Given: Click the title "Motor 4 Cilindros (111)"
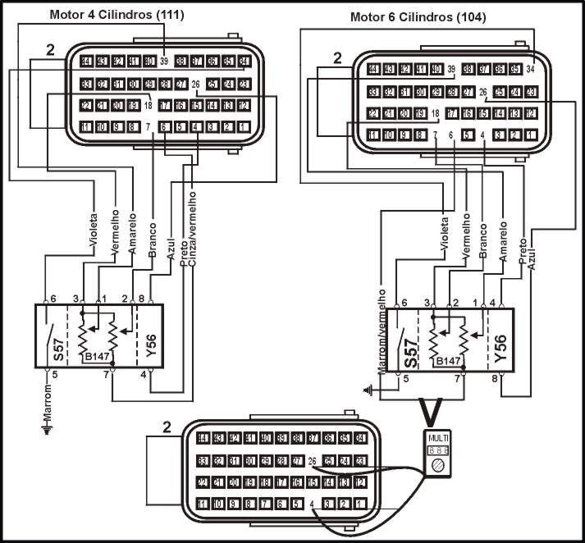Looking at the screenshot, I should [117, 15].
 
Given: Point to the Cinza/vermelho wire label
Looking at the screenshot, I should [194, 224].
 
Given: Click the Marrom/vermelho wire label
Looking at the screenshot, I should [382, 328].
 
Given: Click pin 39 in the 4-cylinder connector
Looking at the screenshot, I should [163, 62].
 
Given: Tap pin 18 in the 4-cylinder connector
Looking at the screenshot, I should [149, 105].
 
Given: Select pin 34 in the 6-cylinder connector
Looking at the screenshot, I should [531, 69].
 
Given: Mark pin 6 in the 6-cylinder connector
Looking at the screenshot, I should [451, 135].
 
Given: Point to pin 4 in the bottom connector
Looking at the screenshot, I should [312, 504].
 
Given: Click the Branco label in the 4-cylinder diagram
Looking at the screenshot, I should [153, 244].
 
